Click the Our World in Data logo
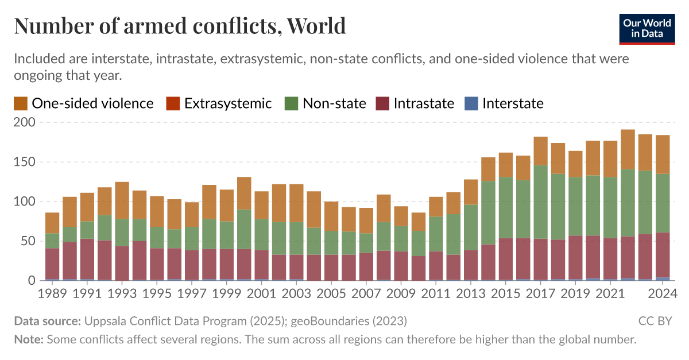point(647,27)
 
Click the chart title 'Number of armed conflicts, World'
point(180,26)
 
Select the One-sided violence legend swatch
point(21,103)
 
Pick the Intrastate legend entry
point(424,103)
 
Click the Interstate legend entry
point(513,103)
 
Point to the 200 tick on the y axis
point(24,122)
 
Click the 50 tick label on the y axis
point(28,241)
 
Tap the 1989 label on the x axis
point(53,293)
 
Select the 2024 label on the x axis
point(662,293)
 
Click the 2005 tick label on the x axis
point(331,293)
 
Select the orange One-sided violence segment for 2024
point(663,154)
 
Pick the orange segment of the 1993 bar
point(122,200)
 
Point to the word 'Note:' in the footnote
point(29,339)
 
